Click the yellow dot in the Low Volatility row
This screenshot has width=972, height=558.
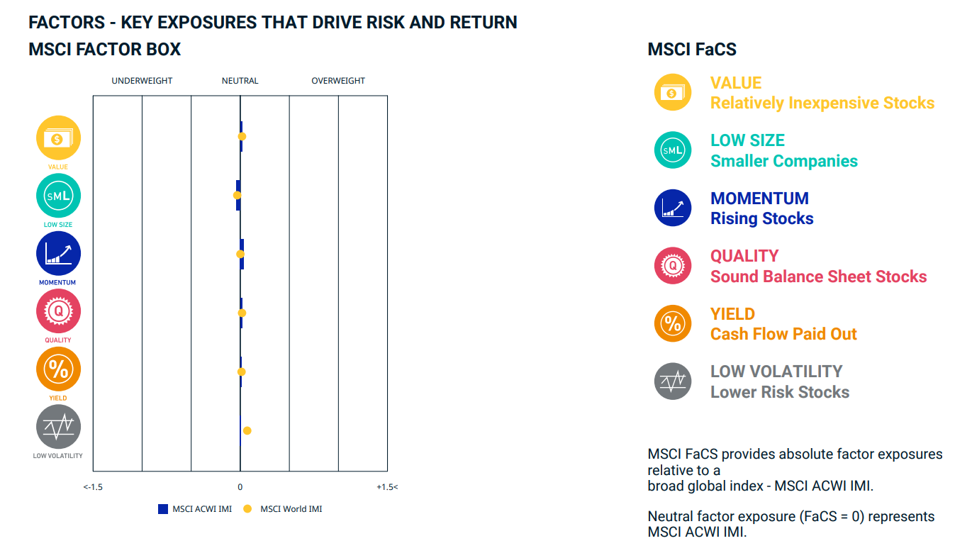[247, 431]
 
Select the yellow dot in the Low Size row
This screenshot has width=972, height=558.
[237, 195]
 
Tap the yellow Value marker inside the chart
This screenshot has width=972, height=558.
[242, 137]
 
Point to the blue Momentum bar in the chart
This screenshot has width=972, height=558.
[242, 255]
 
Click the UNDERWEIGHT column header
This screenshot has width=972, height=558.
[142, 81]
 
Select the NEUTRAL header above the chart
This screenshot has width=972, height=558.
[240, 81]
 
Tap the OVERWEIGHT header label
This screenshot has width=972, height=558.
[338, 81]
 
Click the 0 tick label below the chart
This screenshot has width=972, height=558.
[240, 487]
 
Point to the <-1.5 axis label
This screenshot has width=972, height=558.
[93, 487]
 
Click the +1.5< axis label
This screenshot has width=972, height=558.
[387, 487]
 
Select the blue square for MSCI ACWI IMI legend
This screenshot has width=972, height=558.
[163, 509]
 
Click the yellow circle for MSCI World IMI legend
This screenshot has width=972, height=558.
[247, 509]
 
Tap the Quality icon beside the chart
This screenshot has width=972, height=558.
[58, 311]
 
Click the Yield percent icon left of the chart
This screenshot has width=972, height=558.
[58, 369]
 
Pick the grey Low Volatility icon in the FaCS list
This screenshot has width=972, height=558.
[673, 381]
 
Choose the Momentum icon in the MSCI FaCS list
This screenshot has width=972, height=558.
[673, 208]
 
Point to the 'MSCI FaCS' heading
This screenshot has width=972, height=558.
[692, 50]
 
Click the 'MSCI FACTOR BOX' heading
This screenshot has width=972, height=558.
[105, 50]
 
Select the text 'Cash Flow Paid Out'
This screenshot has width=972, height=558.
[783, 334]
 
